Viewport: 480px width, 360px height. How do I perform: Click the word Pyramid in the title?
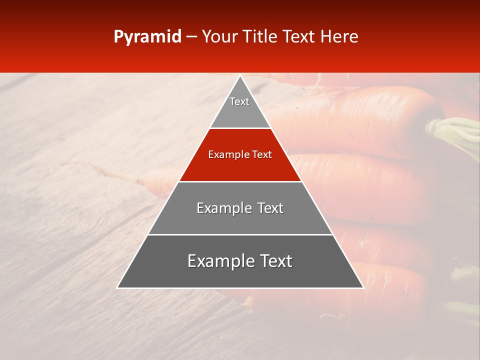click(x=147, y=37)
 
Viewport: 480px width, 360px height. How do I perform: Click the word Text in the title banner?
click(x=299, y=37)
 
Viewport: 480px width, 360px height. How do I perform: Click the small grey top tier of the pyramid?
click(x=240, y=112)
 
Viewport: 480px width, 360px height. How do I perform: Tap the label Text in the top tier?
click(x=239, y=101)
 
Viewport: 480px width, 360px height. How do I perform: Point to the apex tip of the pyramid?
click(x=240, y=76)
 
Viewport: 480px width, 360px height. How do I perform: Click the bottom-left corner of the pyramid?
click(x=118, y=287)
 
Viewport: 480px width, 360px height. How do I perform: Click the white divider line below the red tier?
click(x=240, y=181)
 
